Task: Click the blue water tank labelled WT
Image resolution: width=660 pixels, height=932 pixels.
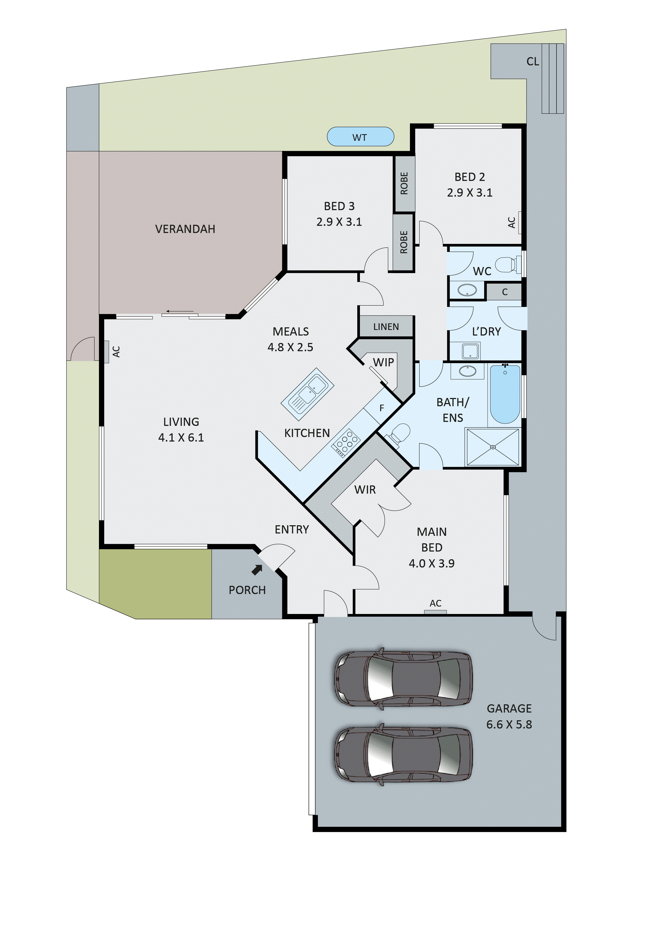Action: click(x=360, y=137)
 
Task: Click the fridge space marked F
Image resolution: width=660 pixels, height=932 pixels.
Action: click(x=382, y=408)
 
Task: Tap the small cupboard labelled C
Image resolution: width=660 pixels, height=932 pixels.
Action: click(x=504, y=292)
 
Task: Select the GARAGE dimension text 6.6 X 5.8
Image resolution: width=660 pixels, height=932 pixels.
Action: click(x=509, y=725)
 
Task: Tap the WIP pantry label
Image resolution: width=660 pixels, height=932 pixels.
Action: click(x=383, y=362)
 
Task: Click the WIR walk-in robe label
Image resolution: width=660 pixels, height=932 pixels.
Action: click(x=365, y=490)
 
